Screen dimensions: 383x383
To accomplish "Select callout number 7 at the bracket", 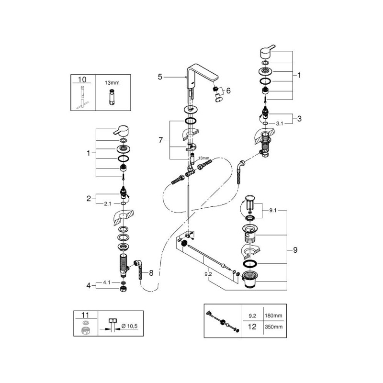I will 161,140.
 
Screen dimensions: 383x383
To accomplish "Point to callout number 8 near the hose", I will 151,273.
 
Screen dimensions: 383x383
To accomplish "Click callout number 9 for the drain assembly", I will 295,249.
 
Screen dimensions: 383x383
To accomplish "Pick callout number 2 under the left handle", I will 89,198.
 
